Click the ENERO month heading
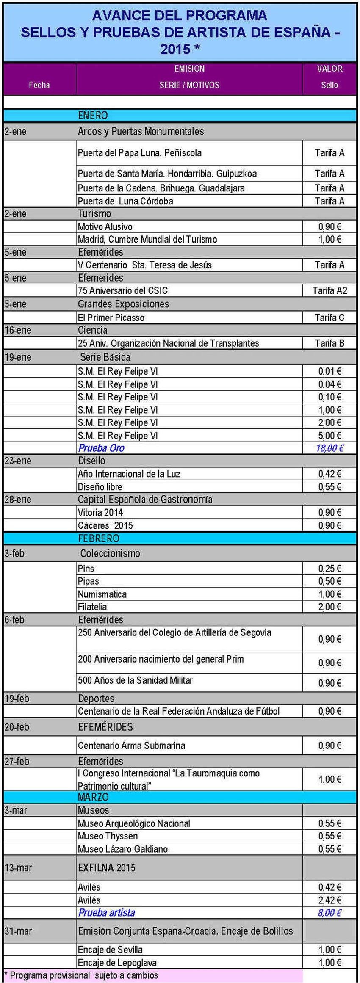[x=93, y=115]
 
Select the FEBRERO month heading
[x=98, y=538]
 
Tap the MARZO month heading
[x=93, y=797]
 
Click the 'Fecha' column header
[x=39, y=85]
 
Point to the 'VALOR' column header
[x=330, y=69]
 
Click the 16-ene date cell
[x=18, y=330]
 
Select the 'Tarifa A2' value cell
[x=330, y=290]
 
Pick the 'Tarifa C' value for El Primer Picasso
[x=330, y=318]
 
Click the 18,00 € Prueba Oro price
[x=330, y=448]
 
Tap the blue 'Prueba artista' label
[x=106, y=912]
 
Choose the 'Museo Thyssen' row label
[x=108, y=836]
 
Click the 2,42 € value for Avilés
[x=330, y=900]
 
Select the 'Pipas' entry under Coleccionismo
[x=88, y=581]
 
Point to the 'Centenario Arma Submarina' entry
[x=131, y=746]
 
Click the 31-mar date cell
[x=18, y=931]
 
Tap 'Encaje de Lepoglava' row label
[x=117, y=962]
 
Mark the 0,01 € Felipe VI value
[x=330, y=371]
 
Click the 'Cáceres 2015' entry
[x=105, y=525]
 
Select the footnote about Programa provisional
[x=81, y=975]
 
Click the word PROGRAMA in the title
[x=227, y=16]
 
